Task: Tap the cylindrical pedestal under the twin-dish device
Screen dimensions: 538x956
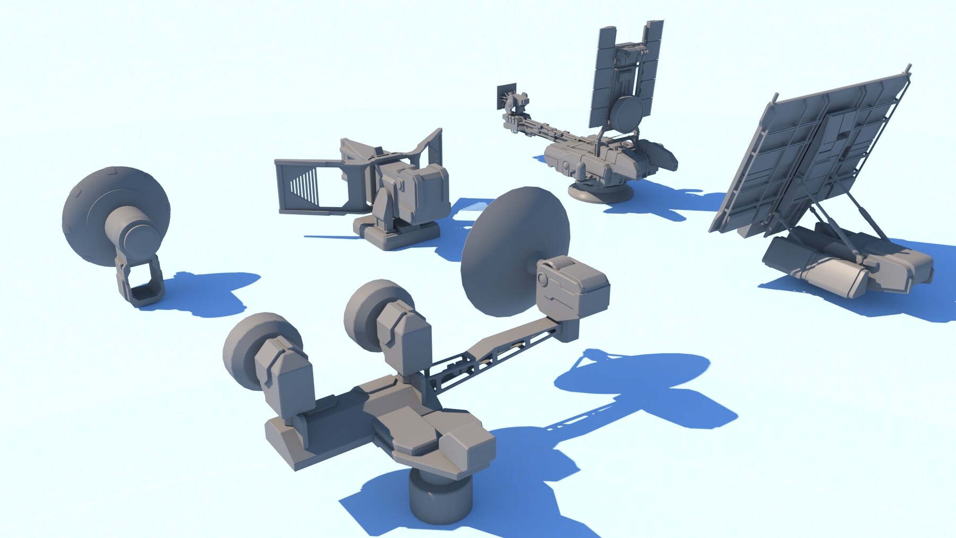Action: (x=440, y=497)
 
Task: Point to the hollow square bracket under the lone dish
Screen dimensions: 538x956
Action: (x=141, y=281)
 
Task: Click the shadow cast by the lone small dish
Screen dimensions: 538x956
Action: (x=212, y=292)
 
